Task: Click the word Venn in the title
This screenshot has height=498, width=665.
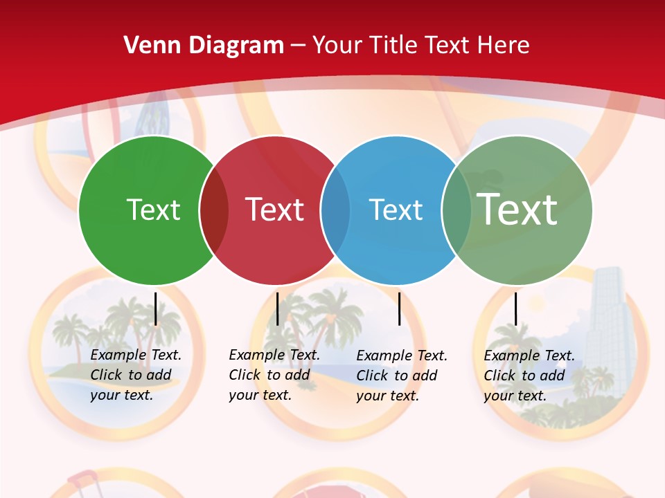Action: pos(148,46)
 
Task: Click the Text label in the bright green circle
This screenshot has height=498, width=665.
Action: pos(153,210)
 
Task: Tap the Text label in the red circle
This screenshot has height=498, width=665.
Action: pos(274,210)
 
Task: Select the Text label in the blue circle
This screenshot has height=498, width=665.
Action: pos(396,210)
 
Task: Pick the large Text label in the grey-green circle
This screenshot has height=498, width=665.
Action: pos(517,210)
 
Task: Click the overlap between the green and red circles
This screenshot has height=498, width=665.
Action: pos(214,210)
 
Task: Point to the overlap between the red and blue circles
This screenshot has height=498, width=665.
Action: pos(335,210)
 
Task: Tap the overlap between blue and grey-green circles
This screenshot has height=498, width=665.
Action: pos(456,210)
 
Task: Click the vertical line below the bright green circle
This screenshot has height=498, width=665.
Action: pos(156,308)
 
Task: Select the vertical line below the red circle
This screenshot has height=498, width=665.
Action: pos(277,308)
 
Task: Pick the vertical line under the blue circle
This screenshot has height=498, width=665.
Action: pos(399,308)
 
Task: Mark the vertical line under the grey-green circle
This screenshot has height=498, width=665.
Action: pos(515,308)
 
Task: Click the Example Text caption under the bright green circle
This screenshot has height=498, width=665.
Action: pos(135,375)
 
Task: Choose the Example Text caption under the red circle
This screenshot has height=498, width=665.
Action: pos(274,375)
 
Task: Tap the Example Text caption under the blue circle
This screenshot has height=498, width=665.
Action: pos(401,376)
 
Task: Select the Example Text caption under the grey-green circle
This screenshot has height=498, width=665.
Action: pos(529,376)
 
